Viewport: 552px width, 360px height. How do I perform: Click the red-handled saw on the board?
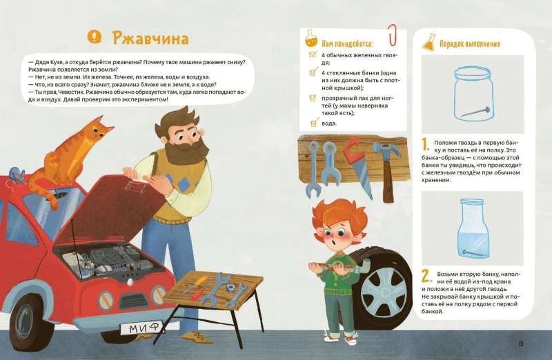click(354, 158)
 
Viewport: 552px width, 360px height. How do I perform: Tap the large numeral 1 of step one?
click(426, 145)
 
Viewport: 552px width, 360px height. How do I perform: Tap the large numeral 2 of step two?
click(426, 277)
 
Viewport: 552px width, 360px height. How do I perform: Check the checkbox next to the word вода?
click(313, 123)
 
